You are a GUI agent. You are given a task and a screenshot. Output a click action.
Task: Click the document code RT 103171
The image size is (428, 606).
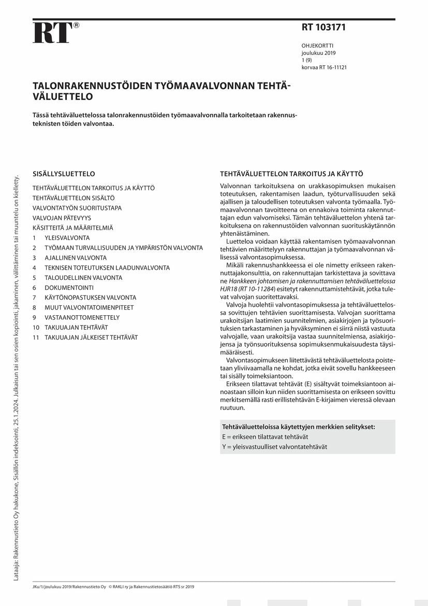coord(323,27)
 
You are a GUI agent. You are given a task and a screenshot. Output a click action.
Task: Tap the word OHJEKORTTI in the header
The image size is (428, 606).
coord(317,46)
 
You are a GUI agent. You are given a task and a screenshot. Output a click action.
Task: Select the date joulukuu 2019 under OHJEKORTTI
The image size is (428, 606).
coord(318,53)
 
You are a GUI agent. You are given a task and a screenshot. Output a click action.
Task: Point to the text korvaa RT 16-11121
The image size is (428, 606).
coord(324,67)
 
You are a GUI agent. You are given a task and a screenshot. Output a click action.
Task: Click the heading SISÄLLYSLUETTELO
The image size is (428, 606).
coord(64,174)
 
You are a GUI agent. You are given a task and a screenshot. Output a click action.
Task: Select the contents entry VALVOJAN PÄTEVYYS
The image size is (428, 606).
coord(62,218)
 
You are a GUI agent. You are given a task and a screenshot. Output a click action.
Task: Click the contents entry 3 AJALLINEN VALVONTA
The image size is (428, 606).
coord(70,258)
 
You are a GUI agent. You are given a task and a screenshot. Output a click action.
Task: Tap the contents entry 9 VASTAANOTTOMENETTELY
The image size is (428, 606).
coord(76,317)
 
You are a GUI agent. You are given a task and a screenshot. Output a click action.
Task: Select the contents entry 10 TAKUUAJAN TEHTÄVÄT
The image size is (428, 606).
coord(70,328)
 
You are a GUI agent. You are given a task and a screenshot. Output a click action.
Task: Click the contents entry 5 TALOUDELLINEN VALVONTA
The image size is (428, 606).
coord(78,278)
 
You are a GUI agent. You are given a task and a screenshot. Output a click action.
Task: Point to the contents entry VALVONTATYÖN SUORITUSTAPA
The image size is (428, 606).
coord(77,208)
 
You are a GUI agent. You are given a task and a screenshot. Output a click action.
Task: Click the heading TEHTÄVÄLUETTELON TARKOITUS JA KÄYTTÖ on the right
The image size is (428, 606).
coord(291,174)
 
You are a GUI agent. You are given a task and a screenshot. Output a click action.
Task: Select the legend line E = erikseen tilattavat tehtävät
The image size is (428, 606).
coord(265,437)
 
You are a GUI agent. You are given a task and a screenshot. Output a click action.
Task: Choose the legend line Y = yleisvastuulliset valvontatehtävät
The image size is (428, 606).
coord(274,447)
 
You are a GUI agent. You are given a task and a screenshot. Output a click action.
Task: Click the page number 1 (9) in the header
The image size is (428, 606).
coord(307,60)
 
